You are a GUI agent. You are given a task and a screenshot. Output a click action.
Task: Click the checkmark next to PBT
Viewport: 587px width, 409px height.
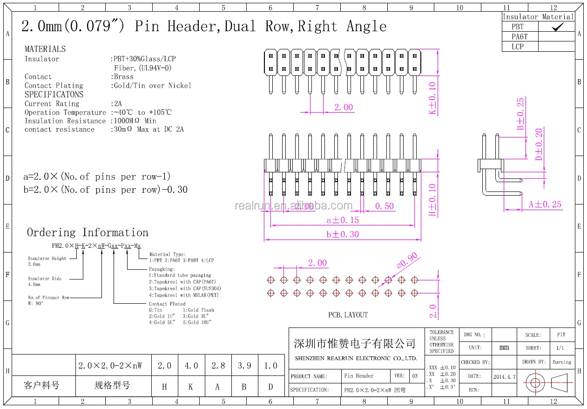tap(557, 27)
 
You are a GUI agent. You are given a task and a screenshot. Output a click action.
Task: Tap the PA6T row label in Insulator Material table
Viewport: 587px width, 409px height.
tap(520, 37)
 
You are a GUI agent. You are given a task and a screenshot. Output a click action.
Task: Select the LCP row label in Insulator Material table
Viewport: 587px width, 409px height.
tap(518, 47)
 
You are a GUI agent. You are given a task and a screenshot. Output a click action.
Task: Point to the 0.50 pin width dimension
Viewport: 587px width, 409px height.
tap(384, 206)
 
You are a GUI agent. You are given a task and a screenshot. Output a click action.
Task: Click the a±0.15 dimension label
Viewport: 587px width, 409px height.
tap(343, 220)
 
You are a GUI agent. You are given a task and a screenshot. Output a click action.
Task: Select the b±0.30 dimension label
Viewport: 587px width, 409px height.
tap(343, 234)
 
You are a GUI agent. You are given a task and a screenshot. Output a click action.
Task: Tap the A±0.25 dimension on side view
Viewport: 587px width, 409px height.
tap(545, 204)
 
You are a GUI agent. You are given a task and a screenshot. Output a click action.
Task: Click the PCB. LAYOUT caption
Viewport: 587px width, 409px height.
tap(348, 315)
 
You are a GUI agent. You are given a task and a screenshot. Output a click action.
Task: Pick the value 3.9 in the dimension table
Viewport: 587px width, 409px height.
tap(244, 366)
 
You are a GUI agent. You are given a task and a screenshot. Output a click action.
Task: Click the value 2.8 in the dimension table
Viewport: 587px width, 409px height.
tap(218, 366)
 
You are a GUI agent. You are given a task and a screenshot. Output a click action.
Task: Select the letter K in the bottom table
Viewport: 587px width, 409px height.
tap(191, 386)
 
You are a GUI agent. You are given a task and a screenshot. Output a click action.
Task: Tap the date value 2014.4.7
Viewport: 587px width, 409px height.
tap(504, 377)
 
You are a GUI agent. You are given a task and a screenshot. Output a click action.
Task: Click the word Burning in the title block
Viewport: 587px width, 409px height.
tap(562, 362)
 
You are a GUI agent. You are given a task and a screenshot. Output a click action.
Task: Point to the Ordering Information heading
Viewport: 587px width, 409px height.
tap(88, 232)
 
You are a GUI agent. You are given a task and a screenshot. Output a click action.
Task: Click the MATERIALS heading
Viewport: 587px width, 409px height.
tap(45, 49)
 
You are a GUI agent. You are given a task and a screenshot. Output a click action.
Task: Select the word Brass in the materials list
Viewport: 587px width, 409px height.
tap(123, 76)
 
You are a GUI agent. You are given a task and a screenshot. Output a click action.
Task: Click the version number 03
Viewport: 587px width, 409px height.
tap(415, 376)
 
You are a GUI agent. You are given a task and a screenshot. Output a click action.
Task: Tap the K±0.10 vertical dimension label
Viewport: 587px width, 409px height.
tap(432, 98)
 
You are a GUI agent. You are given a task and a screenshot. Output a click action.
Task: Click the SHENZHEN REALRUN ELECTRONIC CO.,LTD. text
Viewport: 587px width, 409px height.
tap(356, 359)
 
